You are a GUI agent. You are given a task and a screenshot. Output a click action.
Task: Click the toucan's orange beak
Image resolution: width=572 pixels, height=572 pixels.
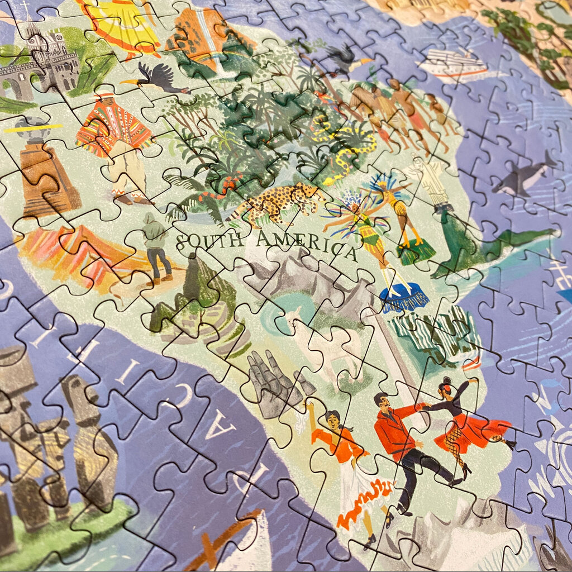128,83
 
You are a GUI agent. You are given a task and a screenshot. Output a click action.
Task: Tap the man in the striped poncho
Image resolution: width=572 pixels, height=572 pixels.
115,140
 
